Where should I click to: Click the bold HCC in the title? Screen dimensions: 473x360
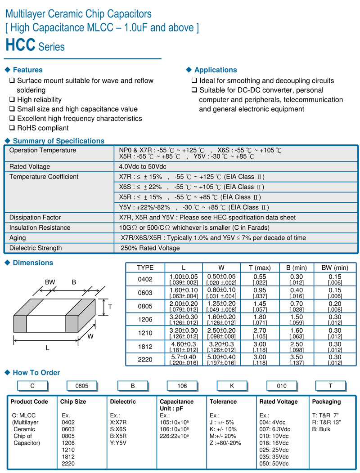pyautogui.click(x=20, y=45)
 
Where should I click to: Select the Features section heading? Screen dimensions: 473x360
pyautogui.click(x=27, y=70)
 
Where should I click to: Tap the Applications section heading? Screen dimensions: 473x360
pyautogui.click(x=215, y=70)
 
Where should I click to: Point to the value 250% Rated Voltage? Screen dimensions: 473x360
pyautogui.click(x=150, y=248)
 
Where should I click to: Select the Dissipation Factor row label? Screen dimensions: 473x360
pyautogui.click(x=35, y=218)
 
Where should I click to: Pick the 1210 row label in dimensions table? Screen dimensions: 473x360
pyautogui.click(x=145, y=333)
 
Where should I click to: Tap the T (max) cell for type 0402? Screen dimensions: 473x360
pyautogui.click(x=260, y=279)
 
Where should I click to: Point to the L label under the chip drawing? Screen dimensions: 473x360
pyautogui.click(x=47, y=348)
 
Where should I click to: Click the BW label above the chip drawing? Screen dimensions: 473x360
pyautogui.click(x=49, y=282)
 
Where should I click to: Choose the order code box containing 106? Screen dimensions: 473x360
pyautogui.click(x=182, y=386)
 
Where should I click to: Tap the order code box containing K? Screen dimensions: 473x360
pyautogui.click(x=232, y=386)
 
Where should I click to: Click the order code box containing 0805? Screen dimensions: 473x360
pyautogui.click(x=82, y=386)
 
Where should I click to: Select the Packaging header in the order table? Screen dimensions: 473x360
pyautogui.click(x=326, y=402)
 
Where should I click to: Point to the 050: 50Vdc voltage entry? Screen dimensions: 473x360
pyautogui.click(x=275, y=464)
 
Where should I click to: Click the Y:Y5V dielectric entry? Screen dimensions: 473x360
pyautogui.click(x=118, y=443)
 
